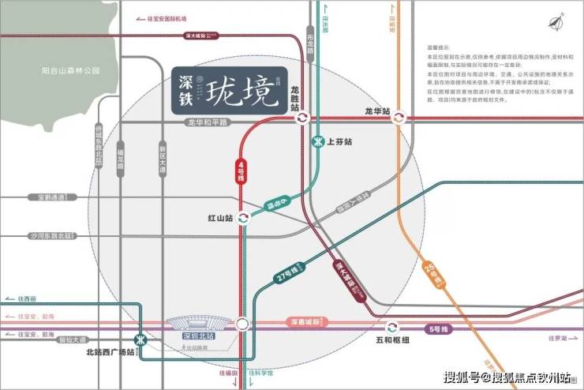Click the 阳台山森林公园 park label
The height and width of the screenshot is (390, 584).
tap(70, 70)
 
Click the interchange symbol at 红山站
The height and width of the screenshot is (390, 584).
tap(244, 218)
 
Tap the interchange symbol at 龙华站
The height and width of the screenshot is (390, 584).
tap(399, 118)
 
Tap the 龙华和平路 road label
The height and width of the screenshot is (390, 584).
tap(207, 122)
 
